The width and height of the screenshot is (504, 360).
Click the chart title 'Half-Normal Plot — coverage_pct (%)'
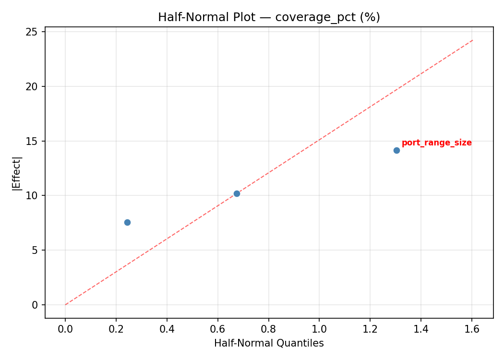(x=269, y=17)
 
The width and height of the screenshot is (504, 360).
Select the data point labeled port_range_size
(x=396, y=150)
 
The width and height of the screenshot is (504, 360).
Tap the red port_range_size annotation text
(x=436, y=143)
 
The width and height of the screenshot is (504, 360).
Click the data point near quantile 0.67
(x=237, y=193)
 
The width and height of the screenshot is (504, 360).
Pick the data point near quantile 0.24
(x=127, y=222)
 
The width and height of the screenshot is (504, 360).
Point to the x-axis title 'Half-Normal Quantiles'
(x=269, y=343)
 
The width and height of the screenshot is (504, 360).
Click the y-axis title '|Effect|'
(x=17, y=172)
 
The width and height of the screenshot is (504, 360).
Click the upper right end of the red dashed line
(x=472, y=40)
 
